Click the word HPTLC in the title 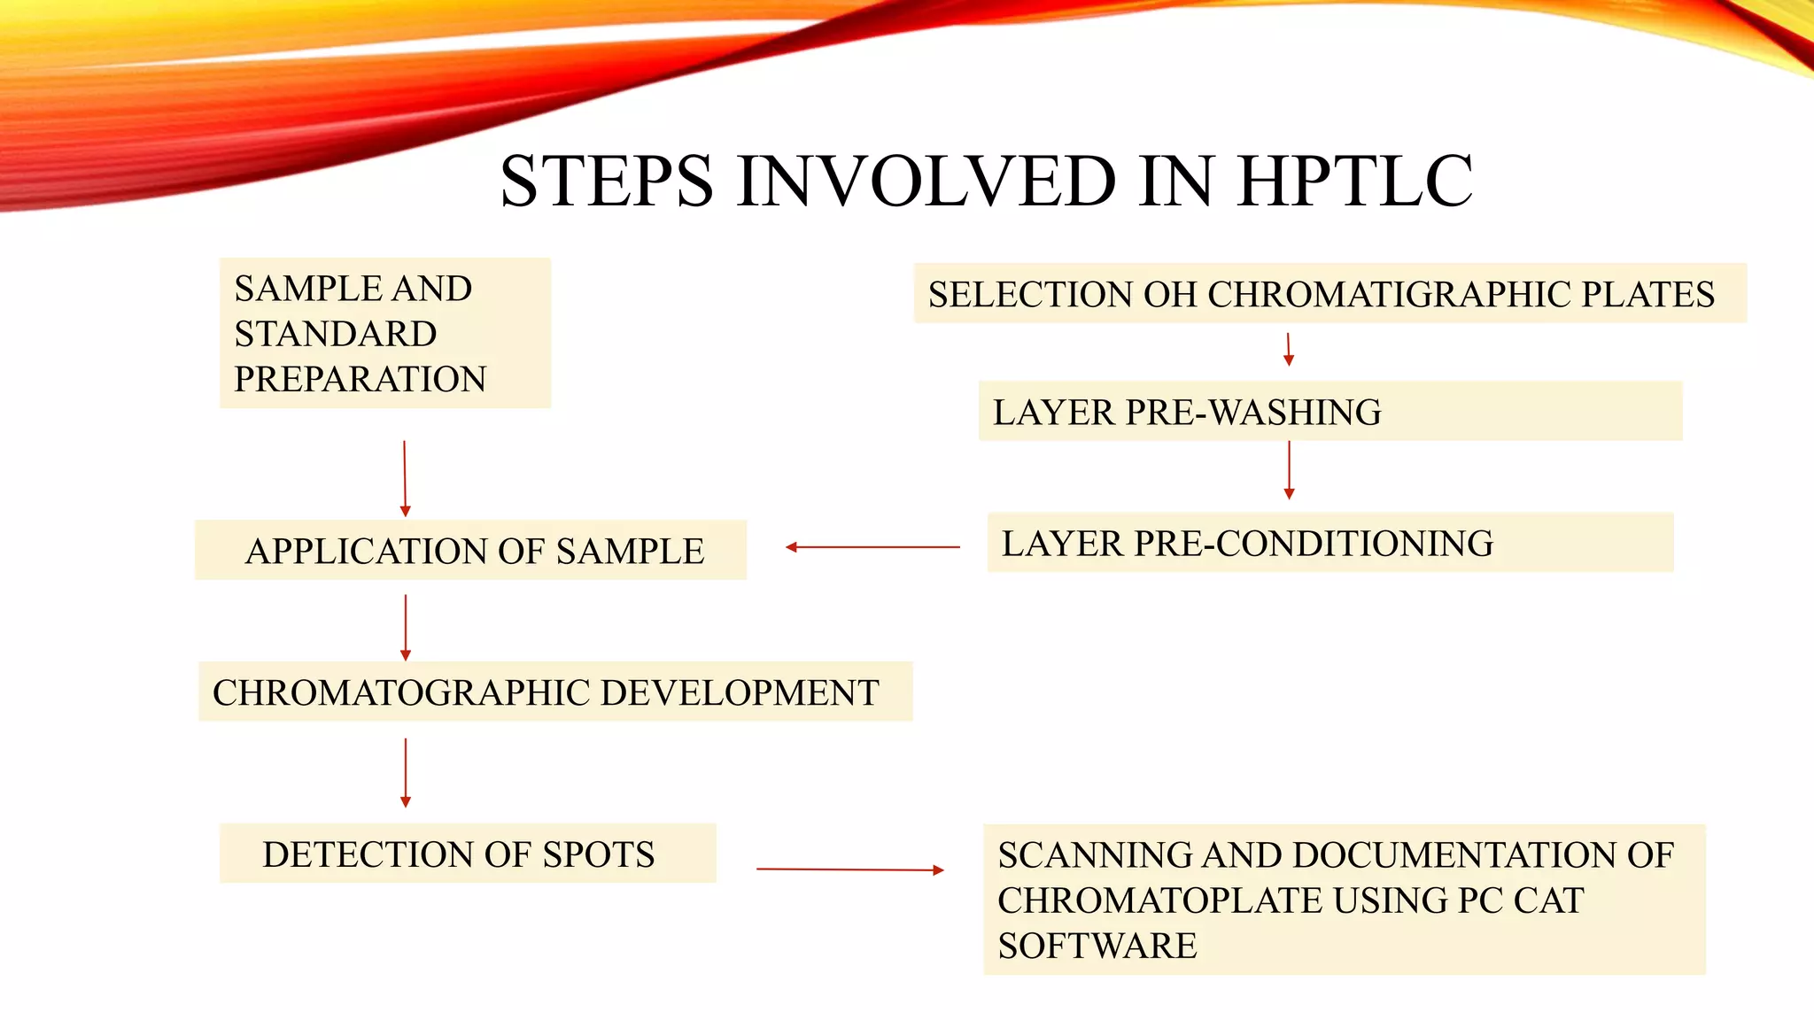pyautogui.click(x=1354, y=182)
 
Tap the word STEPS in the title pyautogui.click(x=606, y=182)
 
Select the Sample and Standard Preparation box pyautogui.click(x=384, y=333)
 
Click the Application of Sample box pyautogui.click(x=470, y=551)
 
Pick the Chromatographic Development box pyautogui.click(x=554, y=692)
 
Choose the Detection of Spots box pyautogui.click(x=467, y=854)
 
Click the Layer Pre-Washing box pyautogui.click(x=1329, y=412)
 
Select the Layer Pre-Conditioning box pyautogui.click(x=1329, y=543)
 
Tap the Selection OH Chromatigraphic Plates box pyautogui.click(x=1329, y=294)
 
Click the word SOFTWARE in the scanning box pyautogui.click(x=1097, y=946)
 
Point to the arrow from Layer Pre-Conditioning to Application pyautogui.click(x=872, y=547)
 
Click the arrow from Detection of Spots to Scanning pyautogui.click(x=850, y=869)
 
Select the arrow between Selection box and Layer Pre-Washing pyautogui.click(x=1289, y=350)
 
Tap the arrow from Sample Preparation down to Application pyautogui.click(x=405, y=479)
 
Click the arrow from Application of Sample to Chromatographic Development pyautogui.click(x=406, y=628)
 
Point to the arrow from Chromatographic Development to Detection pyautogui.click(x=406, y=773)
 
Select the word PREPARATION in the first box pyautogui.click(x=360, y=379)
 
